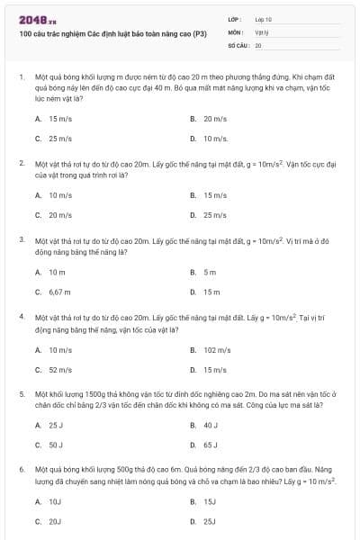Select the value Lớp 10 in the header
(x=263, y=19)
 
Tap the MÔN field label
(x=236, y=31)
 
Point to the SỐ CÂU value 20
(x=258, y=44)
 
